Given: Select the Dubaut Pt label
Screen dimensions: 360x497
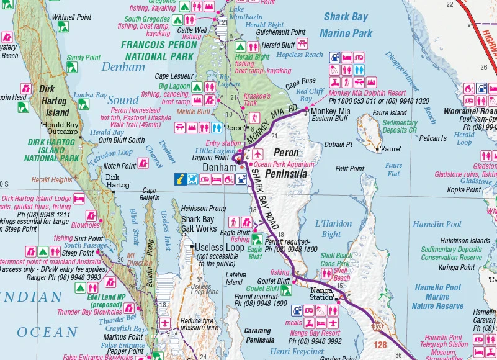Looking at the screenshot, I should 338,144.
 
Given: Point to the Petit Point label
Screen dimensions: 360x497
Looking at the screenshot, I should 349,169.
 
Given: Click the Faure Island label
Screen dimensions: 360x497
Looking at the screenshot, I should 390,113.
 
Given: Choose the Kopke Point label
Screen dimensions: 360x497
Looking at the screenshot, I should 464,189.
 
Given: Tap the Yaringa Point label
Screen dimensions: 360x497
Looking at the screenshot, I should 456,268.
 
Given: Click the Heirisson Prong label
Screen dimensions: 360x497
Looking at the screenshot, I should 204,209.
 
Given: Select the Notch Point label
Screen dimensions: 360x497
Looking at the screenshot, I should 120,166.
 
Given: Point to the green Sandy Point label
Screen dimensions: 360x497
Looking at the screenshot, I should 83,58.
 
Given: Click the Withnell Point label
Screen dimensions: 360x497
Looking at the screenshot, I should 71,17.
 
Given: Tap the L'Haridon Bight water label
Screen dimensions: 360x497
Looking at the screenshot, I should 333,228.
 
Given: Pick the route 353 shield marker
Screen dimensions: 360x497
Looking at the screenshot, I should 378,325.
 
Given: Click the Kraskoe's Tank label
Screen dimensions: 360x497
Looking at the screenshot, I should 257,100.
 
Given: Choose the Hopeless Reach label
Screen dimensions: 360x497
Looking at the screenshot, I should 300,55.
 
